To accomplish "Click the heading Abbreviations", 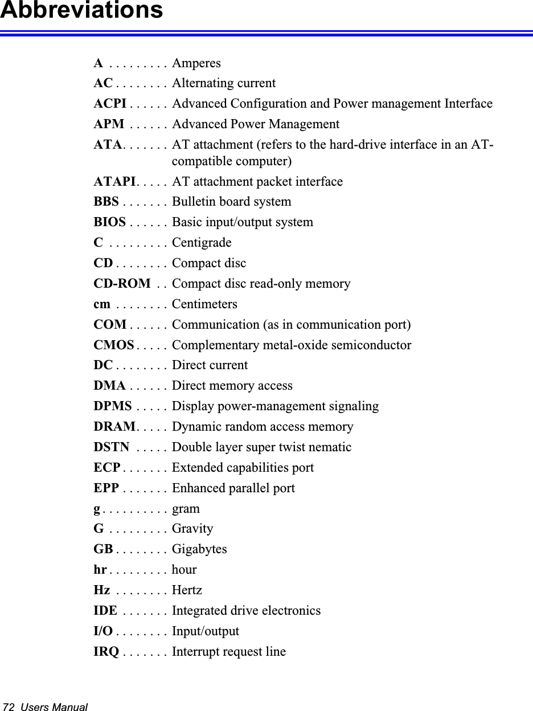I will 81,10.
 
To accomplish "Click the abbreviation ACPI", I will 110,104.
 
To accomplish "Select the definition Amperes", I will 196,63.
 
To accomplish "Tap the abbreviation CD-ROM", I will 122,284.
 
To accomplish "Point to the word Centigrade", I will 202,243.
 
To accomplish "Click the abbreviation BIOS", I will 110,222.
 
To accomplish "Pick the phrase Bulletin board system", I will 231,202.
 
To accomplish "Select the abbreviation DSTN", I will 111,447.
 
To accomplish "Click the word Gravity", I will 192,529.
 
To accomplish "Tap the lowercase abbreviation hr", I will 100,570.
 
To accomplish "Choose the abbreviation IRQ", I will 106,652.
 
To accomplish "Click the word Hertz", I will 187,590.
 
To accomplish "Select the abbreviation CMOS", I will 114,345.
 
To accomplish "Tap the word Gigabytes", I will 199,549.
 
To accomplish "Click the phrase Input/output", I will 206,631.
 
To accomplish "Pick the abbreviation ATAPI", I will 114,182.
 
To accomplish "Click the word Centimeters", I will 204,304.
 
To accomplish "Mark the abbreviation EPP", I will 106,488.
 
